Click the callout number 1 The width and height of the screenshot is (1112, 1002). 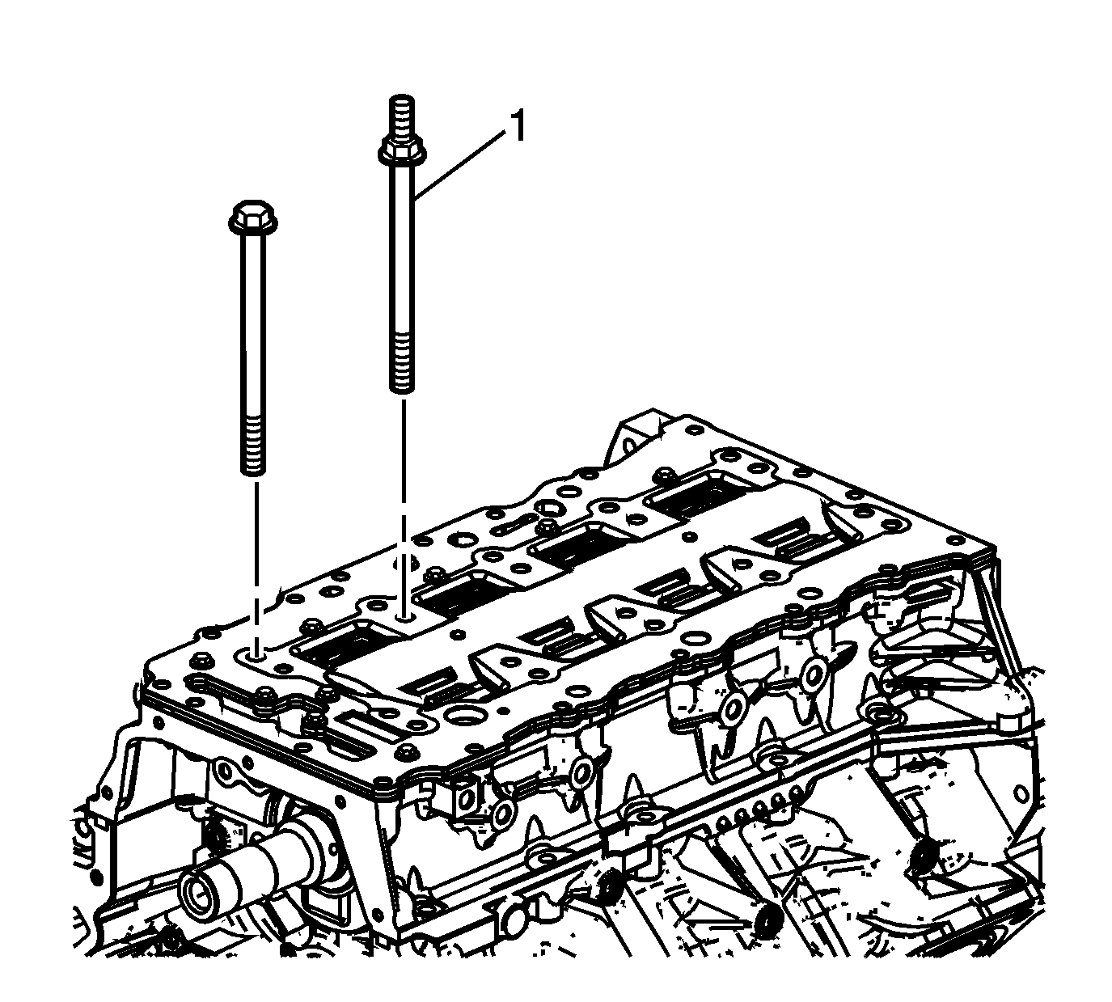pos(517,127)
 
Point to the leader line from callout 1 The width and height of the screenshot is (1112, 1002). pos(461,164)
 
